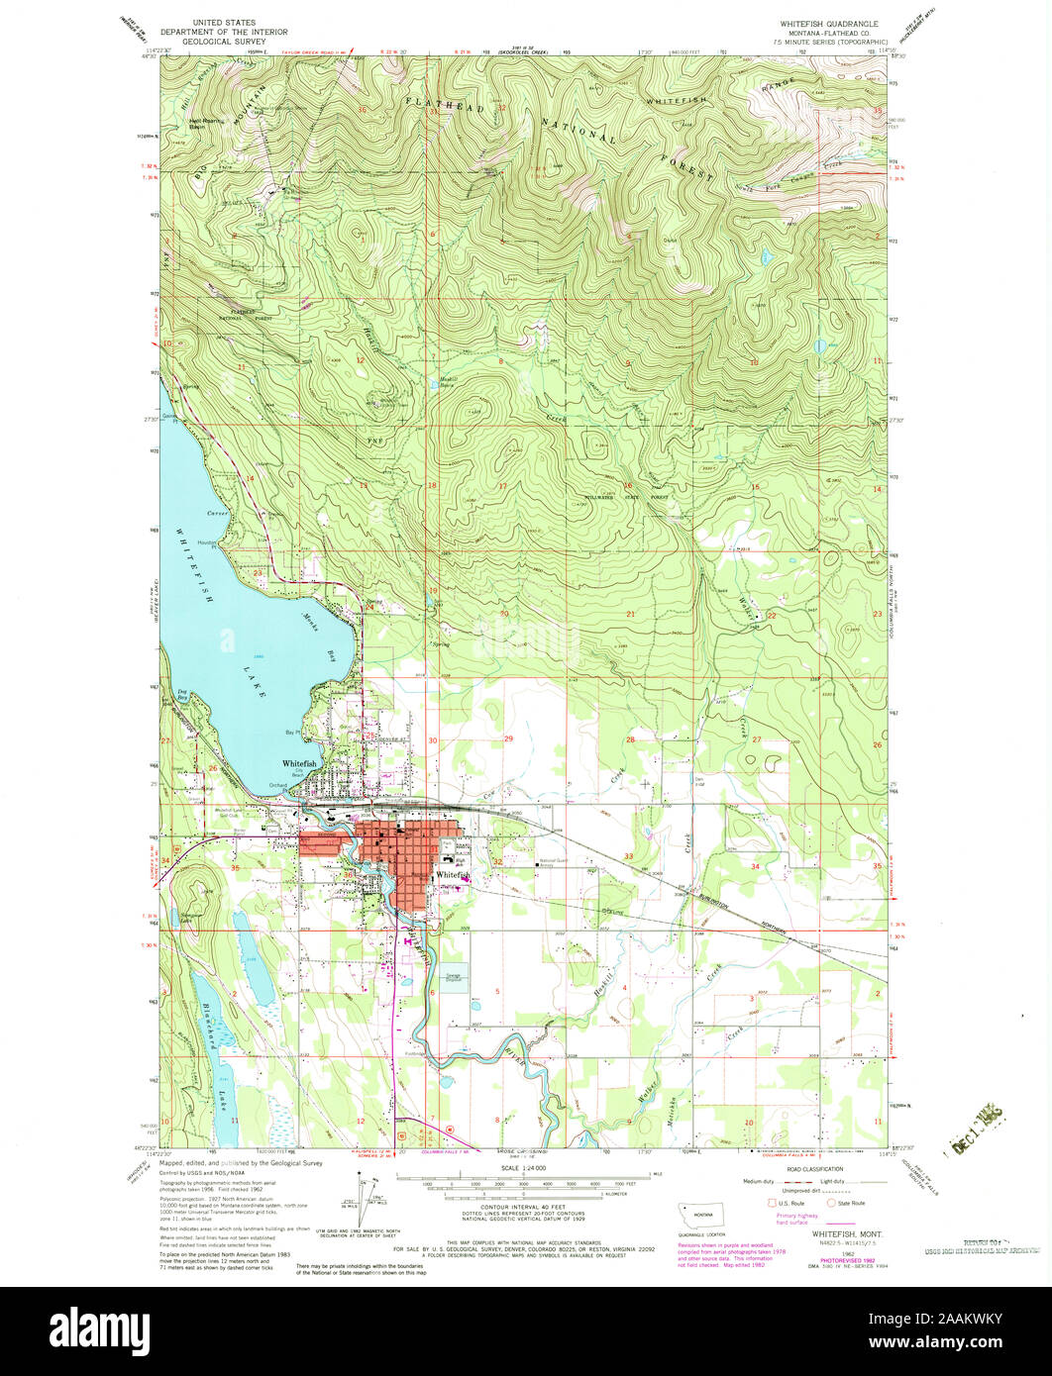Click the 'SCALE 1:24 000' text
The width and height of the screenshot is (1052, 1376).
[525, 1168]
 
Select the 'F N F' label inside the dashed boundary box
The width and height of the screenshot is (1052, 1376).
[375, 438]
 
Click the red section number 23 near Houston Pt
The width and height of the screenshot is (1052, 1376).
[257, 572]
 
